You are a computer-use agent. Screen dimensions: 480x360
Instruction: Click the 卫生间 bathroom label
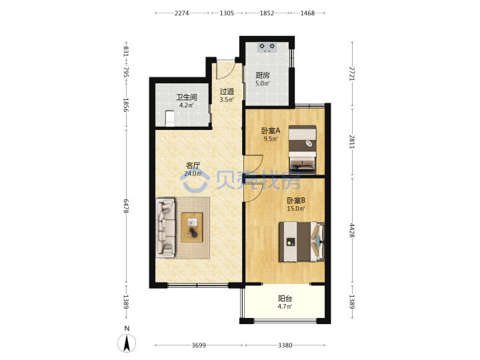tap(187, 97)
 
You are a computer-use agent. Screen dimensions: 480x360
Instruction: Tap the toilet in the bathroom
tap(169, 119)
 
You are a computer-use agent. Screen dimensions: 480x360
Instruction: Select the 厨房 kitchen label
tap(263, 75)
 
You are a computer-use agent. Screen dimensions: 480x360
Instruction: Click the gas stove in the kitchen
tap(267, 47)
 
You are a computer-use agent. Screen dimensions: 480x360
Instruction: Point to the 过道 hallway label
tap(227, 91)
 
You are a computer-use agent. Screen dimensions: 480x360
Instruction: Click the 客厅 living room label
tap(193, 165)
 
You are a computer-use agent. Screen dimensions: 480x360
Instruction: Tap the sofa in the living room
tap(165, 228)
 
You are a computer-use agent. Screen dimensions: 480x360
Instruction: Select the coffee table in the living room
tap(191, 227)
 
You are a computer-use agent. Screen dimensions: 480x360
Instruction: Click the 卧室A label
tap(271, 131)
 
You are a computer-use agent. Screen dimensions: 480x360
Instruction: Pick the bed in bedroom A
tap(302, 149)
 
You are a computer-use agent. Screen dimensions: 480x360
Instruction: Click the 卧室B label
tap(296, 201)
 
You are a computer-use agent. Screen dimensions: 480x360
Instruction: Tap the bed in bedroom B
tap(301, 242)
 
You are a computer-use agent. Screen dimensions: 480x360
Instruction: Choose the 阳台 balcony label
tap(285, 299)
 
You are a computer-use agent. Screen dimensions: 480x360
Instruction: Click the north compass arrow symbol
tap(127, 343)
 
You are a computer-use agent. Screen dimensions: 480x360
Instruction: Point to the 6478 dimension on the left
tap(126, 206)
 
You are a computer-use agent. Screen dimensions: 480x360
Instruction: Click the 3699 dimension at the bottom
tap(199, 345)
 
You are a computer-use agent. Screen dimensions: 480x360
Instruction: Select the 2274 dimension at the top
tap(181, 13)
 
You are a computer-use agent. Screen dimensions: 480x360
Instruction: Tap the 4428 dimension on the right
tap(353, 230)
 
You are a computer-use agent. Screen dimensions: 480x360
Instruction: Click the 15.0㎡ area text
tap(296, 209)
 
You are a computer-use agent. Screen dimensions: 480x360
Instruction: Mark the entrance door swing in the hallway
tap(226, 71)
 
